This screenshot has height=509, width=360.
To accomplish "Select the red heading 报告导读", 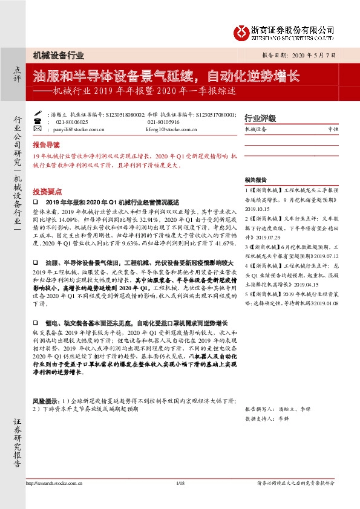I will click(x=46, y=146).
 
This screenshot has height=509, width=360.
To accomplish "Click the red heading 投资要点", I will click(x=46, y=189).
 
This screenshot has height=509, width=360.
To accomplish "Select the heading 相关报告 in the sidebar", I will click(x=255, y=180).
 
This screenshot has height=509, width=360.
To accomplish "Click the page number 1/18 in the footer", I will click(x=179, y=483).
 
